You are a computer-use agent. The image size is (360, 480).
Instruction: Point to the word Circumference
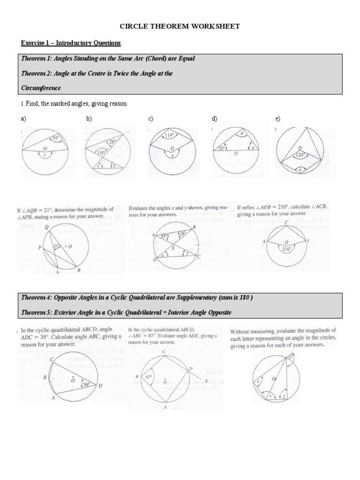[x=41, y=88]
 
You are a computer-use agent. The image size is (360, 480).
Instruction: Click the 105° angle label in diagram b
[x=101, y=152]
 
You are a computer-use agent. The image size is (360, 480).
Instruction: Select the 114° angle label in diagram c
[x=170, y=137]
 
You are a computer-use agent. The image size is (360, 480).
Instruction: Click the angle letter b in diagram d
[x=241, y=134]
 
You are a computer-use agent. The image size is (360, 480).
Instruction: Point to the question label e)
[x=278, y=120]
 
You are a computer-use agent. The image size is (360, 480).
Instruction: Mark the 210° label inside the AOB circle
[x=286, y=250]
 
